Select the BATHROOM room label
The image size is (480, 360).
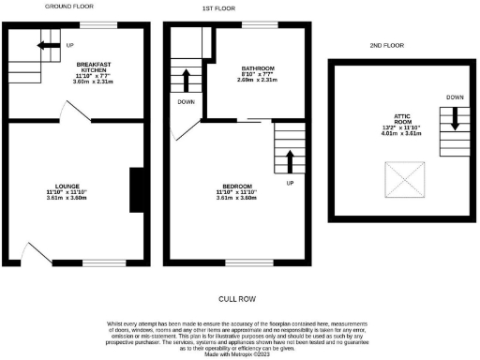pyautogui.click(x=257, y=68)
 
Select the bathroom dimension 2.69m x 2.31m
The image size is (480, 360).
pyautogui.click(x=257, y=82)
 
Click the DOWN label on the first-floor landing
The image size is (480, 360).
pyautogui.click(x=186, y=101)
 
